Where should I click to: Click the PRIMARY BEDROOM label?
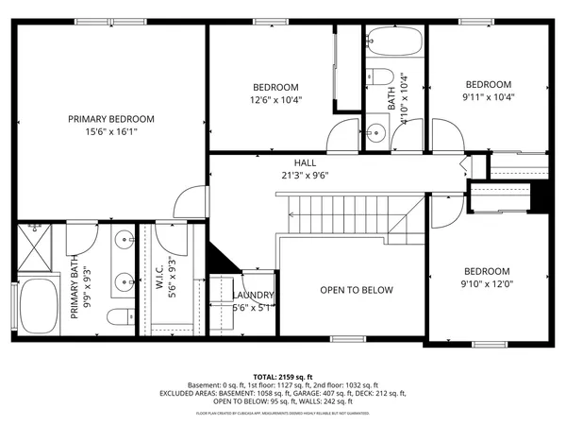[110, 119]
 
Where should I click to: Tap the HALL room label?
[304, 162]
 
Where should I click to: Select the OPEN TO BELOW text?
[356, 290]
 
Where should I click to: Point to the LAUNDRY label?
[252, 295]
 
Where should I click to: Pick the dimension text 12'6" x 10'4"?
[275, 99]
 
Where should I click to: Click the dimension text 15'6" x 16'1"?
[110, 132]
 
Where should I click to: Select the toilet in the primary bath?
[115, 315]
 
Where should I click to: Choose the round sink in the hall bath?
[376, 131]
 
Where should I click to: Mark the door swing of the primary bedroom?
[191, 199]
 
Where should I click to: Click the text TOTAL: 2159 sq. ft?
[282, 377]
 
